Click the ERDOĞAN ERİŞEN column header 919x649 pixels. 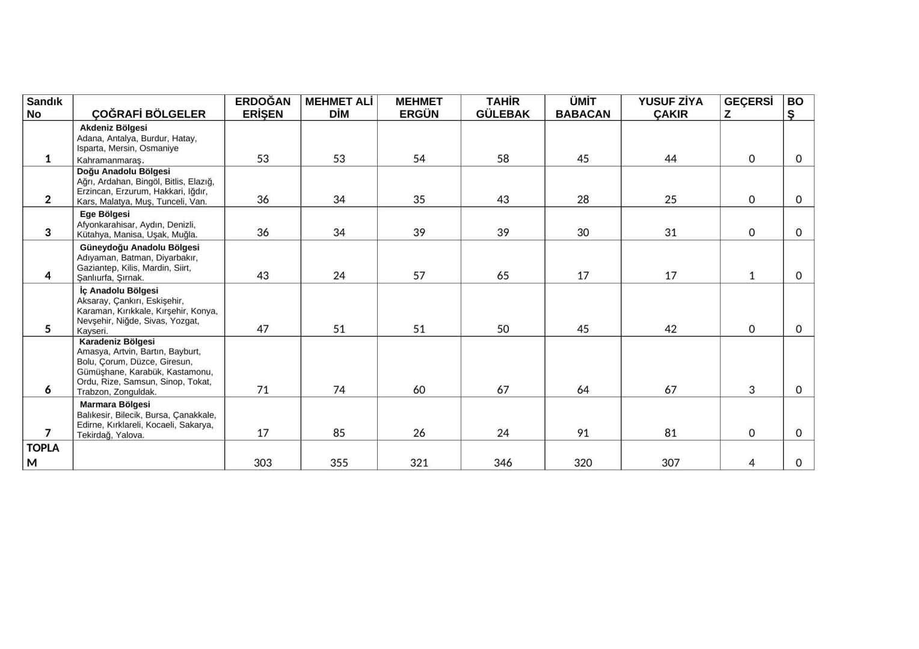[263, 108]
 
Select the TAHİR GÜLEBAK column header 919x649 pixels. [503, 108]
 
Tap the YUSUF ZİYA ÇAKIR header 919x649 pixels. [670, 108]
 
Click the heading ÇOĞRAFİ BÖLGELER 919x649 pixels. [149, 114]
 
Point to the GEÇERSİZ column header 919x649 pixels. [748, 108]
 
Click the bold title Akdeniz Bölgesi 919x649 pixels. [113, 128]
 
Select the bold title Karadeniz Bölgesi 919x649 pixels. [117, 341]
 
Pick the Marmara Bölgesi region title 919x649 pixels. [115, 404]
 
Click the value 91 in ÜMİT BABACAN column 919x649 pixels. [583, 433]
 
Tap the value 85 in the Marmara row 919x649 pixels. [339, 433]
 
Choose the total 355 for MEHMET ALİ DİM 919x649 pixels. [339, 463]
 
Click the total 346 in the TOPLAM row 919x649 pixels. [503, 463]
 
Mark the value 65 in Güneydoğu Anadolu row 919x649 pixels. [503, 276]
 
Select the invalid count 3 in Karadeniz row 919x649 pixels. [751, 390]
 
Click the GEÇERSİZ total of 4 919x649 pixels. [751, 463]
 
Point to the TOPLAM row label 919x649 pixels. [43, 455]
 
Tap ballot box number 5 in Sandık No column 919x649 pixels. [48, 329]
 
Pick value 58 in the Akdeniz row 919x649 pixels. [503, 159]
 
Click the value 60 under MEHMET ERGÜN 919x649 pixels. [419, 390]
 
